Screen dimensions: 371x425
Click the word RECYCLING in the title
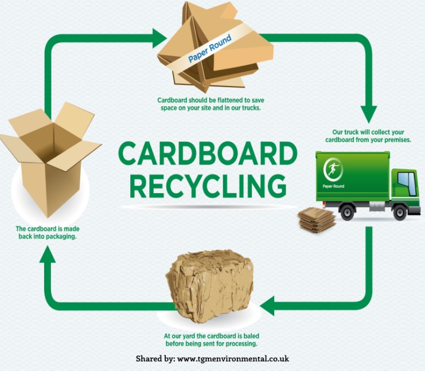tap(208, 185)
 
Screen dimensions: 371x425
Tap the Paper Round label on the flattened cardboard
tap(209, 50)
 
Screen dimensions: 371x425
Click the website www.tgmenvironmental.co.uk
tap(233, 359)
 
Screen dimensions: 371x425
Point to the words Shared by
tap(154, 359)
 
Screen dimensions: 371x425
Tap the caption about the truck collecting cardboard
tap(368, 136)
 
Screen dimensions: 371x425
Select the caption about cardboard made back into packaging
tap(48, 232)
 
